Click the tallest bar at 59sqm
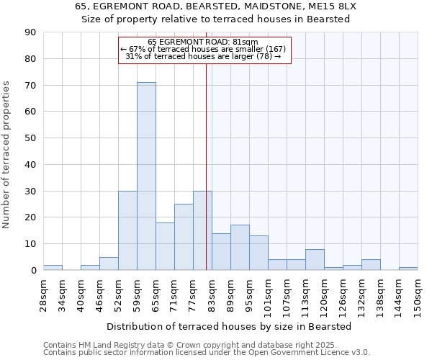pos(146,176)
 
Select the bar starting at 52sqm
pos(127,230)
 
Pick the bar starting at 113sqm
pos(315,260)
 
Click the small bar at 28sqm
pos(53,268)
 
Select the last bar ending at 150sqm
pos(408,269)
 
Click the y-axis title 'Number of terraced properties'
pos(6,155)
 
